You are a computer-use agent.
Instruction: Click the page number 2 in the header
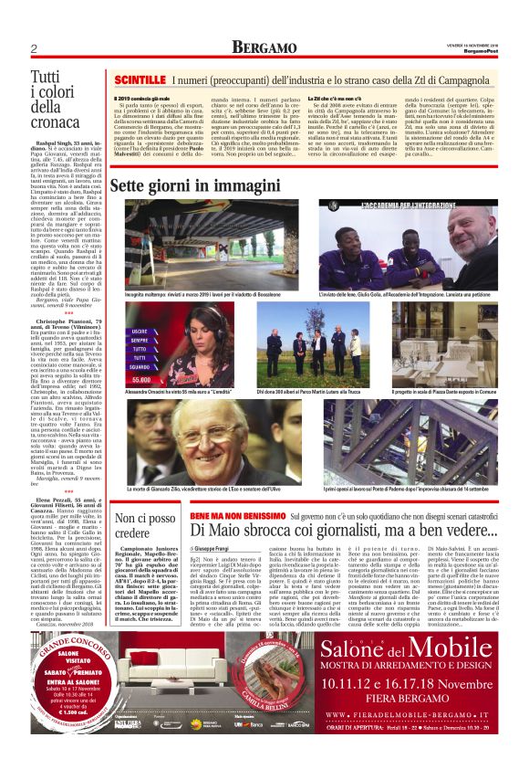(33, 47)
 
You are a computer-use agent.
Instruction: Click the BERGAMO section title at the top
(264, 47)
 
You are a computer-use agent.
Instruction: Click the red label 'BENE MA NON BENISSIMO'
(232, 517)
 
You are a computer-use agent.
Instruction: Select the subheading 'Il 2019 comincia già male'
(146, 97)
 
